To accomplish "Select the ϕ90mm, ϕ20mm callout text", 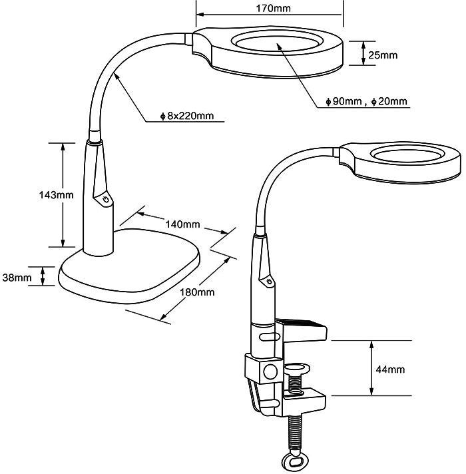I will point(367,102).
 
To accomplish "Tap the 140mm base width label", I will point(182,224).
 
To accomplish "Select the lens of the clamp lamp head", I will point(406,156).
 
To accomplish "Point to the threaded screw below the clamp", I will point(294,429).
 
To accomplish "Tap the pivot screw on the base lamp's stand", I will point(105,199).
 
